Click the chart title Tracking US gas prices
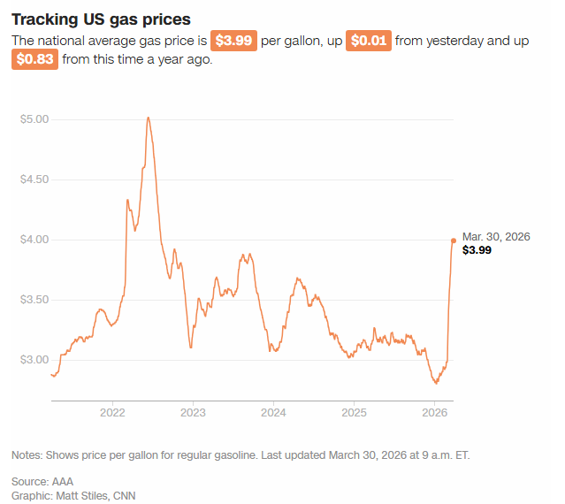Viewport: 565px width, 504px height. (x=101, y=19)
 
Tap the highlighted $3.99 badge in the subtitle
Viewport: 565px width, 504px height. (x=233, y=42)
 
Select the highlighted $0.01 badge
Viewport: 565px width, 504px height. (x=370, y=42)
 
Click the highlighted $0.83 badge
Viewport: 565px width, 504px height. (x=34, y=61)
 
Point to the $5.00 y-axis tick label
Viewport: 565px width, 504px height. (x=34, y=119)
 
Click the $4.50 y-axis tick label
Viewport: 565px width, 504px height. (x=34, y=179)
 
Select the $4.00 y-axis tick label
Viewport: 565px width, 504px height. (x=34, y=240)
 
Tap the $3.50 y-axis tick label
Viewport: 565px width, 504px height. (x=34, y=300)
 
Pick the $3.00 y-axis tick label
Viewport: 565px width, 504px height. (x=34, y=360)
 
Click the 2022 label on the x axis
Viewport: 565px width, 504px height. (x=112, y=413)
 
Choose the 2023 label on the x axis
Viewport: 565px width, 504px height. (x=193, y=413)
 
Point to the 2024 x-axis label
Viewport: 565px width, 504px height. (x=273, y=413)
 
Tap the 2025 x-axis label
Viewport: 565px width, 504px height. (x=354, y=413)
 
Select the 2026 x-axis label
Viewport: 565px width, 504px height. (x=434, y=413)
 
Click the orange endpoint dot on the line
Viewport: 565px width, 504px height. (x=454, y=241)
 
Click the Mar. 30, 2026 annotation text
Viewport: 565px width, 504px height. (x=495, y=236)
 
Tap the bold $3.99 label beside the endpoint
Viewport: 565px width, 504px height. (x=477, y=250)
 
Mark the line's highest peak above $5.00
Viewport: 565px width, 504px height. (x=148, y=118)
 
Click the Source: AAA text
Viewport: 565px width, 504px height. (x=42, y=481)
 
